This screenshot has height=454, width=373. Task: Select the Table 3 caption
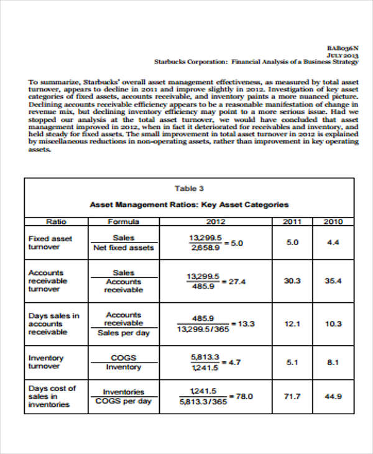coord(189,188)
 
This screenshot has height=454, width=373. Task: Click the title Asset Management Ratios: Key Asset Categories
coord(189,205)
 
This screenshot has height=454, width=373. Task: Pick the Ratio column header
coord(57,221)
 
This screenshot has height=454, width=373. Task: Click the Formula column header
coord(123,221)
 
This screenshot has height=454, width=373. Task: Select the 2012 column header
coord(215,221)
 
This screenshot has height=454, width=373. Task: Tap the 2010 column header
coord(333,221)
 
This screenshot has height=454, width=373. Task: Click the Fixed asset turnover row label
coord(50,243)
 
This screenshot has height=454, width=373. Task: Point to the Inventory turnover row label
coord(46,362)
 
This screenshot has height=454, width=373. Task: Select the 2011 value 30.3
coord(292,281)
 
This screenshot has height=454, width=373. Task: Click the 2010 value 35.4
coord(333,281)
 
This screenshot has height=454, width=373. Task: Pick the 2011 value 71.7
coord(292,396)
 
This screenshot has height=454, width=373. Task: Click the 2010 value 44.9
coord(333,396)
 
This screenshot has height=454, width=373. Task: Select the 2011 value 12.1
coord(292,323)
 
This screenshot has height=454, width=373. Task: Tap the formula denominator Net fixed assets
coord(123,248)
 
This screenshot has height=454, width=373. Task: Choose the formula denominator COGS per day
coord(123,401)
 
